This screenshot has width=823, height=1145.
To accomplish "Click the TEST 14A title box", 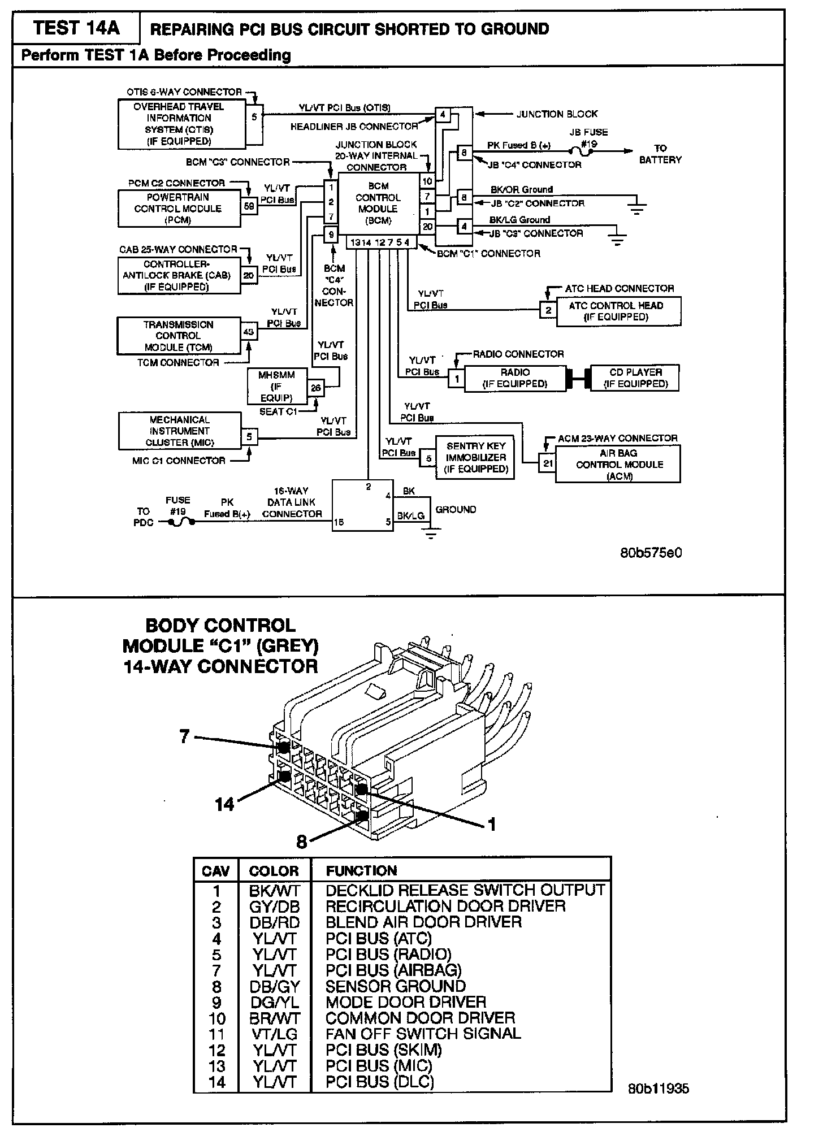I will click(x=76, y=28).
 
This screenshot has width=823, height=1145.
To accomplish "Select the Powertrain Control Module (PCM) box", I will click(x=179, y=208).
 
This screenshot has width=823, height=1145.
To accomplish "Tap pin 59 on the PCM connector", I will click(x=249, y=206).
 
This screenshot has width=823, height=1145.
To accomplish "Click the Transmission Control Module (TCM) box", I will click(x=179, y=336).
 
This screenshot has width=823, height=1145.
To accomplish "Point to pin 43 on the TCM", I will click(x=249, y=332).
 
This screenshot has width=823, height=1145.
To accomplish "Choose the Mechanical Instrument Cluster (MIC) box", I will click(x=179, y=431).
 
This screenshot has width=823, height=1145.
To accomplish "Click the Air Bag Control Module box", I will click(x=619, y=464).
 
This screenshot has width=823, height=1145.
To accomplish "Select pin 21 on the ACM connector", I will click(x=547, y=463).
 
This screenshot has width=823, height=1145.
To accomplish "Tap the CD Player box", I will click(x=635, y=378).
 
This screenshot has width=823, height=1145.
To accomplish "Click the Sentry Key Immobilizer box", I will click(x=475, y=457).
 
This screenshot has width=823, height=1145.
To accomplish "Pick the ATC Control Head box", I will click(x=618, y=311).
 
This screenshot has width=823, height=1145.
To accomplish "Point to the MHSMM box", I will click(x=276, y=387).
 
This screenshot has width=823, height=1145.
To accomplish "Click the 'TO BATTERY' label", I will click(x=660, y=154).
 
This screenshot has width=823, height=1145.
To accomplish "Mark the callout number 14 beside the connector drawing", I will click(x=224, y=804).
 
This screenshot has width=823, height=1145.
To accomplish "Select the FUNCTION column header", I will click(x=362, y=871).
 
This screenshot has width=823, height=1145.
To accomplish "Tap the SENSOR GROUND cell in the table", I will click(x=396, y=986).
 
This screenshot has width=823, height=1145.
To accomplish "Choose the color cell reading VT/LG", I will click(x=274, y=1034).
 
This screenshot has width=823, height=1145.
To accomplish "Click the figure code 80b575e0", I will click(x=651, y=552).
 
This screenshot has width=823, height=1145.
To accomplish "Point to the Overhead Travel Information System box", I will click(x=179, y=124).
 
